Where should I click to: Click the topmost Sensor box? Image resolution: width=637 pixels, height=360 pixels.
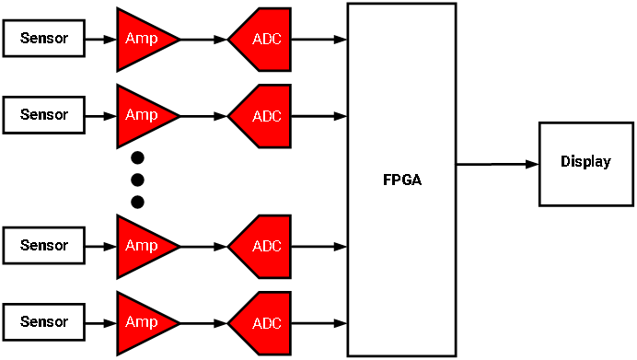click(43, 39)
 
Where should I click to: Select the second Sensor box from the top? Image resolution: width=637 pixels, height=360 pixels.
click(43, 115)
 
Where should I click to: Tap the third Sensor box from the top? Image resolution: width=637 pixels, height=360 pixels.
click(43, 246)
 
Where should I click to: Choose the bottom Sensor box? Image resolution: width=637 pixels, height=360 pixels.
click(43, 322)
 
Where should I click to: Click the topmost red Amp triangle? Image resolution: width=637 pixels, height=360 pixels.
click(140, 39)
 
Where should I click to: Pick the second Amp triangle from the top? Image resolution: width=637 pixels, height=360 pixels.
click(140, 115)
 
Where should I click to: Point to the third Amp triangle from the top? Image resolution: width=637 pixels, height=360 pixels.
click(140, 246)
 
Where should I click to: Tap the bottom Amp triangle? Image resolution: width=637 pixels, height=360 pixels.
click(140, 322)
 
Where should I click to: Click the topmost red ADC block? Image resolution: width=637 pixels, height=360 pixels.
click(264, 40)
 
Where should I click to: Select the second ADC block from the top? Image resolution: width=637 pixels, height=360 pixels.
click(264, 116)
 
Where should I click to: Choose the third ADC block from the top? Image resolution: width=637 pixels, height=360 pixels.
click(264, 247)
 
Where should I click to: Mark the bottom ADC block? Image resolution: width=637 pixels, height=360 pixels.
click(264, 323)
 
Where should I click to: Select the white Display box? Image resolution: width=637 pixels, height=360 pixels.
click(585, 163)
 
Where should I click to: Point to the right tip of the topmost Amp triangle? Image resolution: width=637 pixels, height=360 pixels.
click(174, 39)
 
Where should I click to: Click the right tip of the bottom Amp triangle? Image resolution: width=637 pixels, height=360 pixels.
click(174, 322)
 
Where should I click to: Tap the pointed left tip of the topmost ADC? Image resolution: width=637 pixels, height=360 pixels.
click(231, 40)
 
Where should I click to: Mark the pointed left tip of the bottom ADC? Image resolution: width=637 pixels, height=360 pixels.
click(231, 323)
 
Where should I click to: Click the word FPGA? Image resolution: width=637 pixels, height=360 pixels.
click(401, 180)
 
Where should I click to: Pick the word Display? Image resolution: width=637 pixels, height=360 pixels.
click(585, 162)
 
